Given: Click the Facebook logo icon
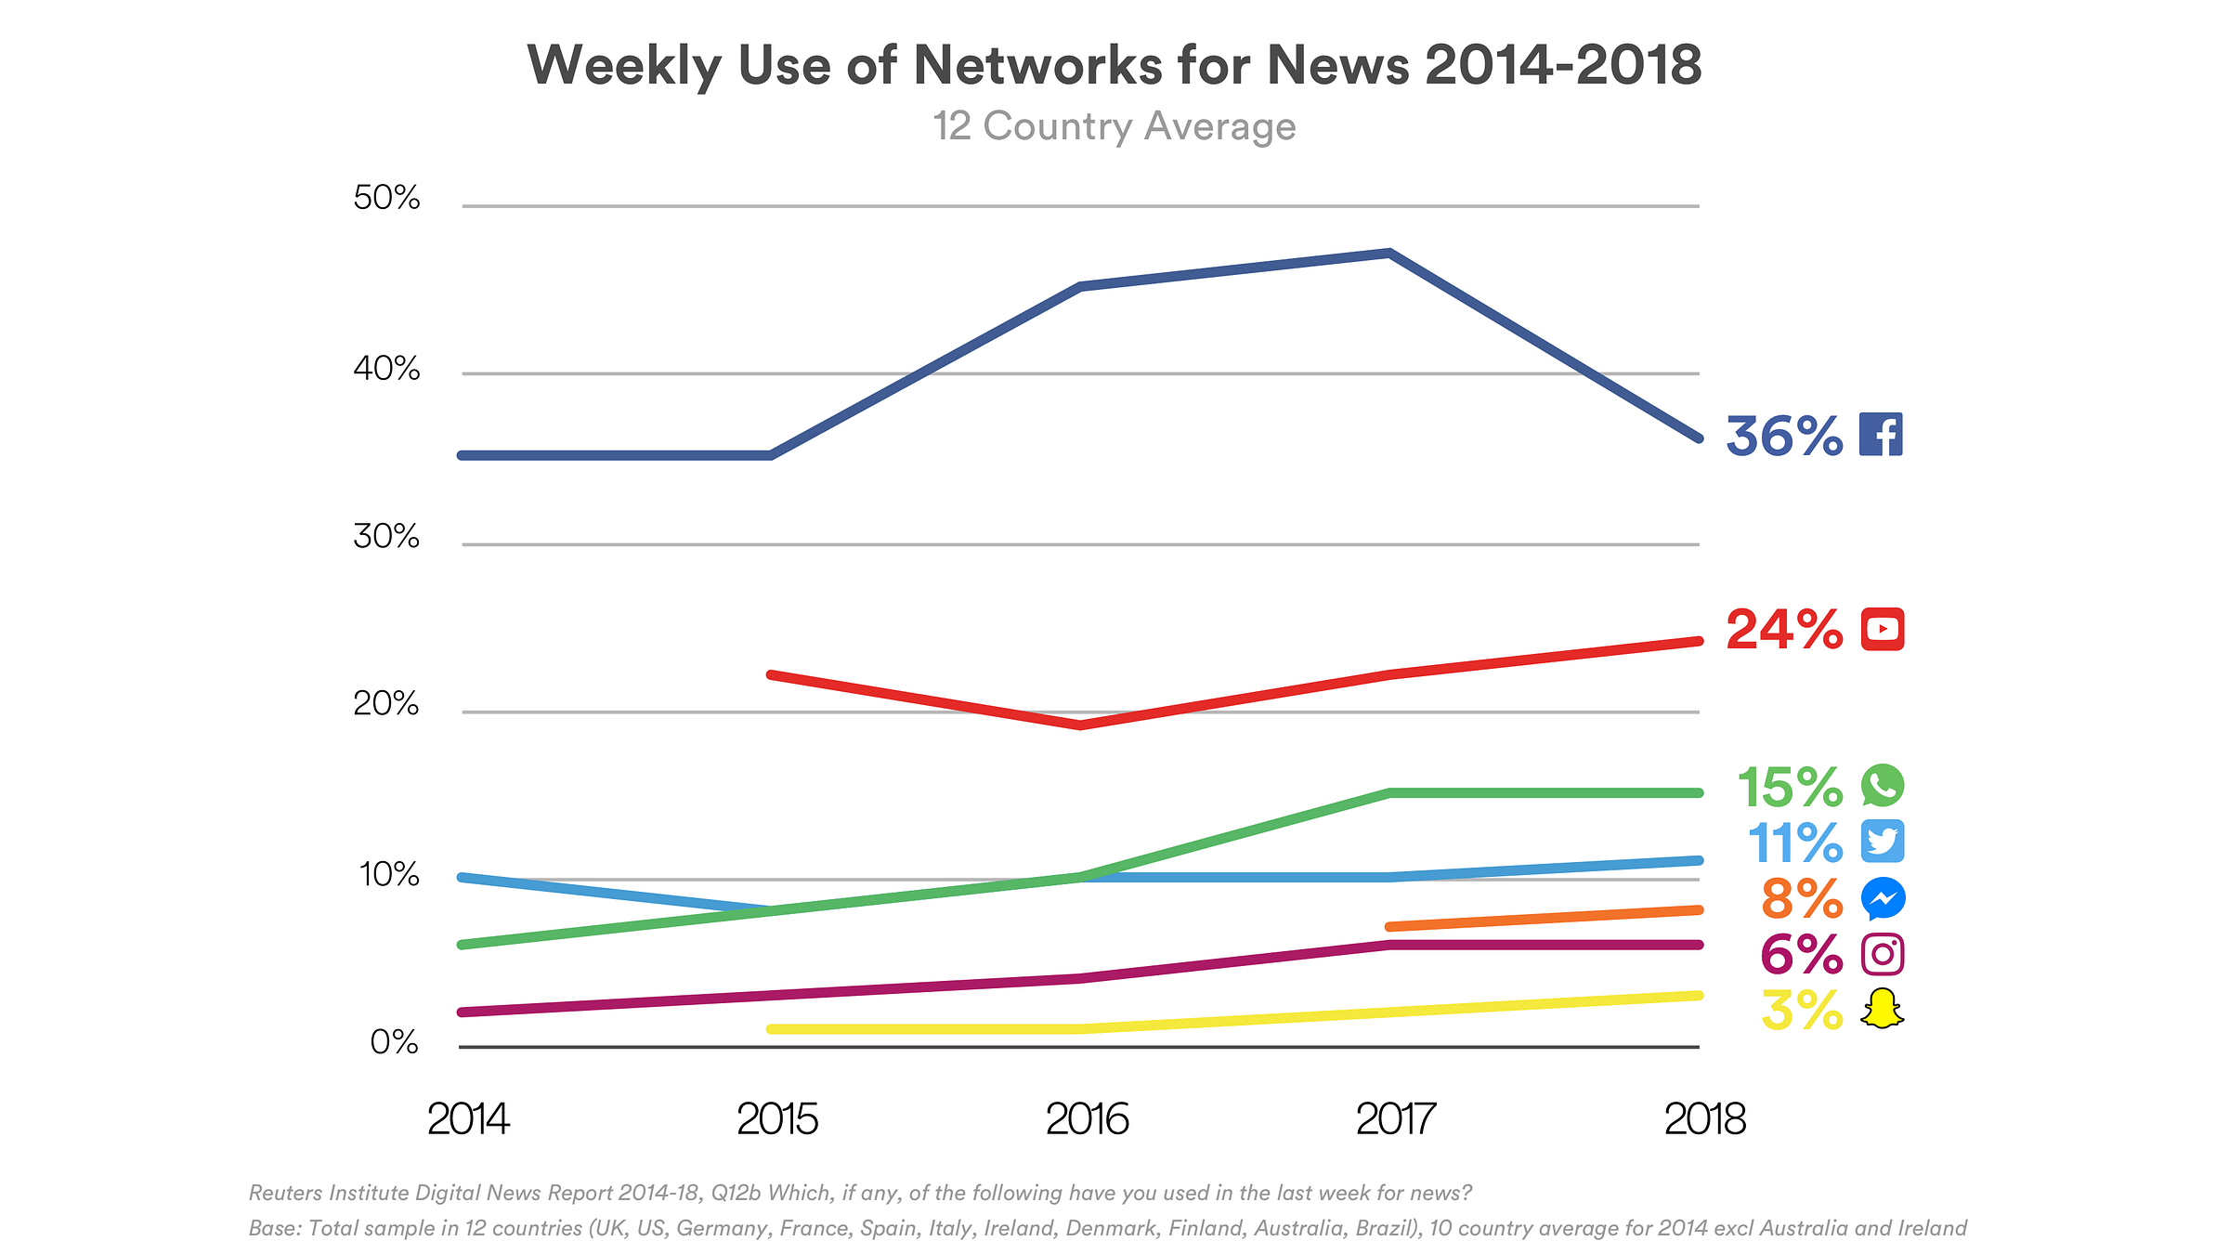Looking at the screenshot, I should click(1881, 435).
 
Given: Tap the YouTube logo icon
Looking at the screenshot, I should click(1883, 630).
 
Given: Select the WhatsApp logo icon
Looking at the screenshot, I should click(1883, 786).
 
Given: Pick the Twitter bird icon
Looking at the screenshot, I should click(1883, 842).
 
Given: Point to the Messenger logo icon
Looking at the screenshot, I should click(1883, 898).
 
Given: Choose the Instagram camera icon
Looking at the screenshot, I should click(1883, 954).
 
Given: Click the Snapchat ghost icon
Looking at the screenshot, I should click(1883, 1010).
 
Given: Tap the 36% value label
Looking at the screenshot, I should click(1784, 437).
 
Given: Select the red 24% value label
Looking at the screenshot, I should click(1784, 631).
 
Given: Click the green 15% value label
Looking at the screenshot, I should click(1790, 788).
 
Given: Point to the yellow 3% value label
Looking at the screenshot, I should click(1802, 1011).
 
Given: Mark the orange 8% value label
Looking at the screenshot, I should click(1802, 899).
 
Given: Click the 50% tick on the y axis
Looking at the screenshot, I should click(386, 198).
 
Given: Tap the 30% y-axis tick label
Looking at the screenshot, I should click(386, 537).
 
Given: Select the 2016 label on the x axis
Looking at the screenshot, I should click(1087, 1119).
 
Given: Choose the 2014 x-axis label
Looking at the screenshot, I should click(468, 1119).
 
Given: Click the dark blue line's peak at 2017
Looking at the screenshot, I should click(1388, 253).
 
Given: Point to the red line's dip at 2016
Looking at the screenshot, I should click(1080, 725).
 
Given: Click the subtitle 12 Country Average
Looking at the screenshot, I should click(1114, 126).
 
